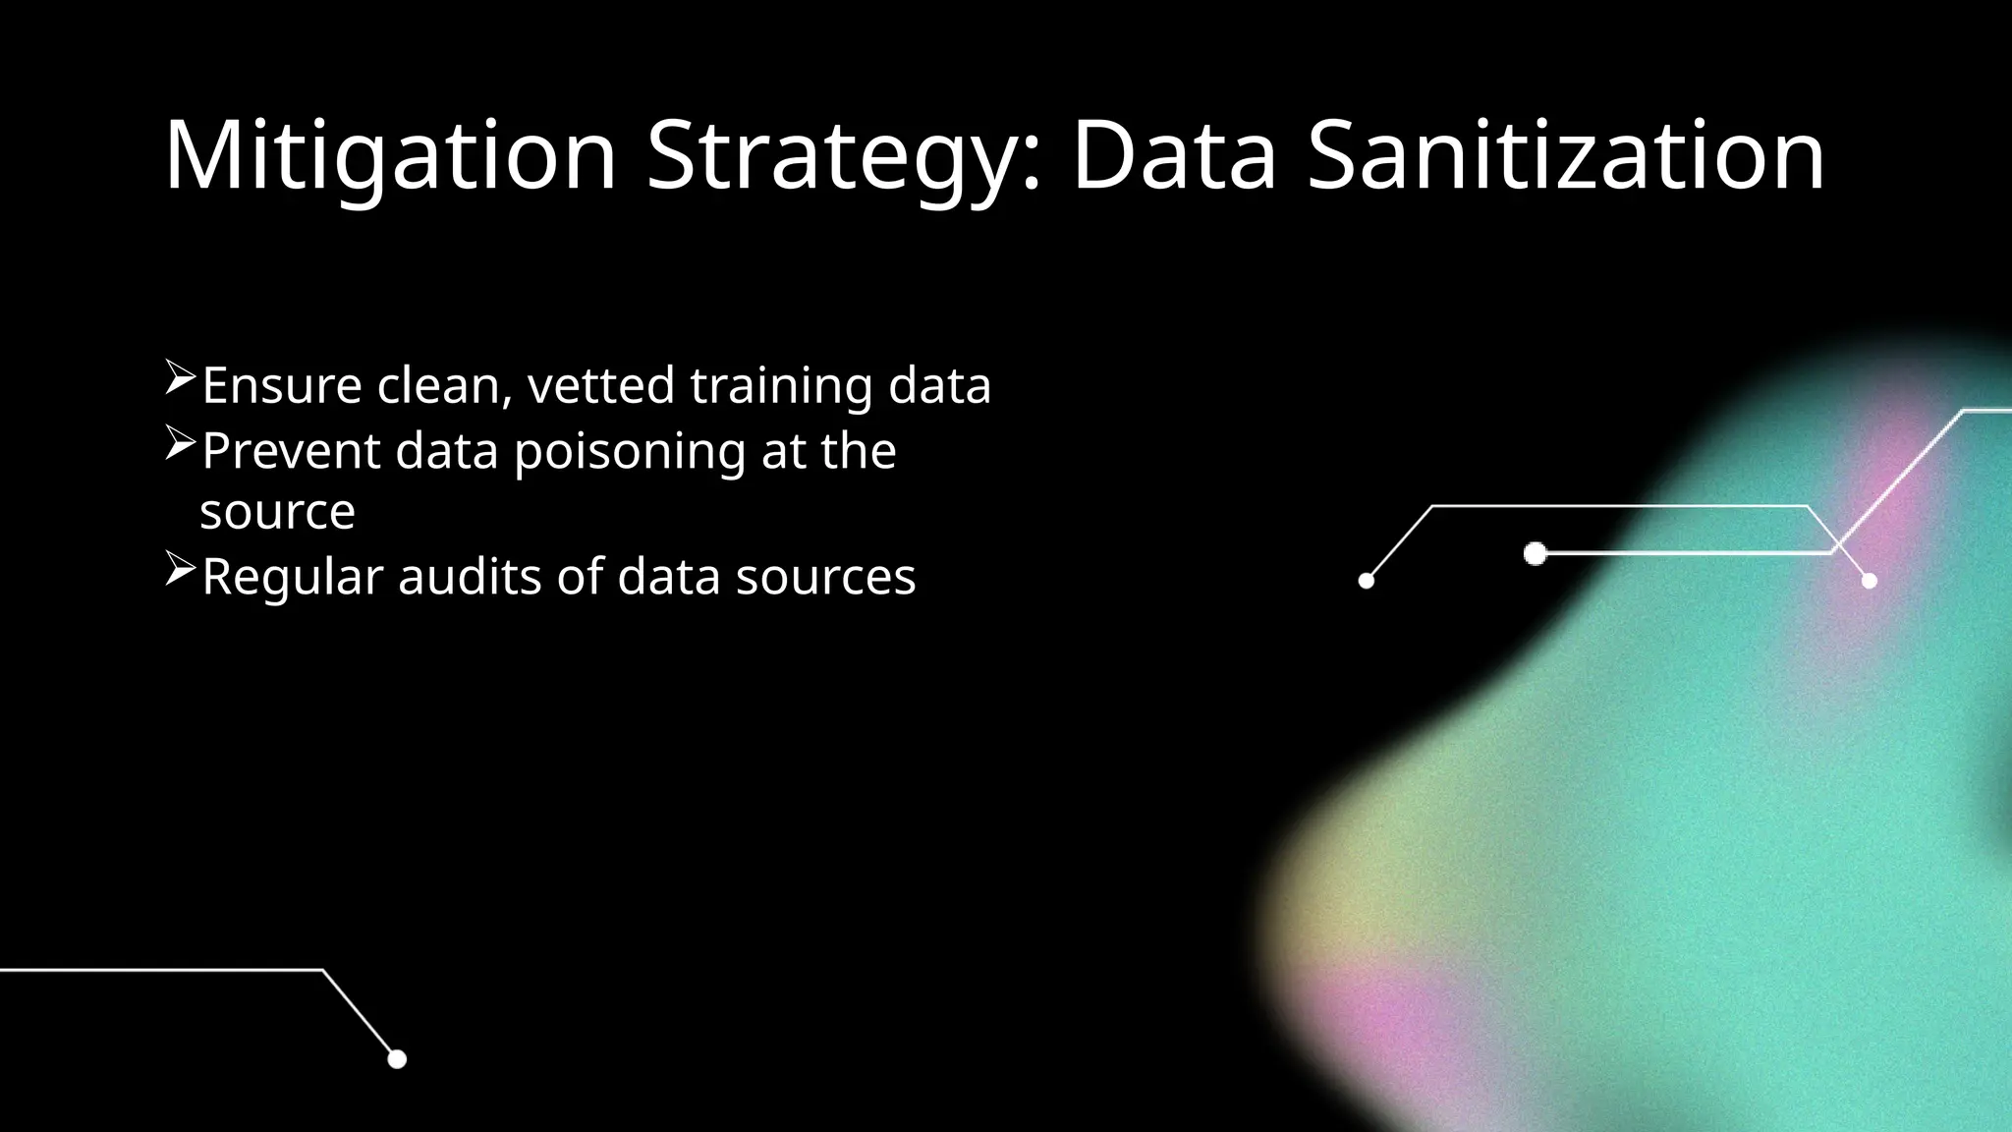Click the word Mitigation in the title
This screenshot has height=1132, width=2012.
[x=390, y=155]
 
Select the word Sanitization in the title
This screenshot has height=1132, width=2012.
[x=1566, y=155]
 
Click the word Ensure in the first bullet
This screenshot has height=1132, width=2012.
[x=282, y=384]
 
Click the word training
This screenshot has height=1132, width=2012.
[x=781, y=386]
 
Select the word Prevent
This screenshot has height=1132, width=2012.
[x=291, y=451]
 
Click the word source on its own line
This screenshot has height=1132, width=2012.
[x=277, y=512]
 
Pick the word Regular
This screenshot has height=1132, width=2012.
[x=292, y=577]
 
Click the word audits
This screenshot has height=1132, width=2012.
[x=470, y=576]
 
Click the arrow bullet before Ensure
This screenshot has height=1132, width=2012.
[x=181, y=379]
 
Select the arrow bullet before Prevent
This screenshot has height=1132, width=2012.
[x=181, y=445]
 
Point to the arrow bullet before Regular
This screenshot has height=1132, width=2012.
[x=181, y=570]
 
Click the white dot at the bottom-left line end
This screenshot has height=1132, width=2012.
[x=397, y=1058]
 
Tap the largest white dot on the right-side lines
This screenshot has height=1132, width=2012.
[x=1535, y=554]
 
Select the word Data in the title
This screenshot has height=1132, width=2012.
[x=1174, y=155]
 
